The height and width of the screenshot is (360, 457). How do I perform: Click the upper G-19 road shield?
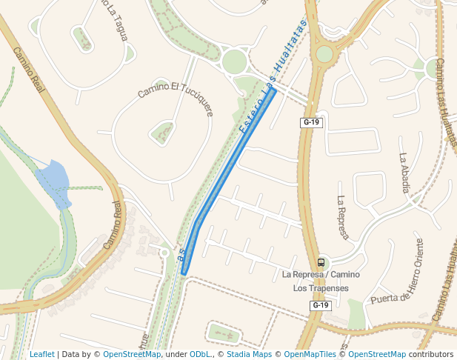pos(312,122)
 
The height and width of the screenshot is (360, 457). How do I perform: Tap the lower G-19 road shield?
pos(320,305)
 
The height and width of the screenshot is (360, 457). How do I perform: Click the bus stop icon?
pos(321,262)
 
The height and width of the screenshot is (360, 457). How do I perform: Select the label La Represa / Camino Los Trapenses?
pos(321,281)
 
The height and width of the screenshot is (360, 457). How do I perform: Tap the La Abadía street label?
pos(404,173)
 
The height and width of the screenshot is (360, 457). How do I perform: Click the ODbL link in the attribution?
pos(201,354)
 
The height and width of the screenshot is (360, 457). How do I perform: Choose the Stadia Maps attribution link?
pos(249,354)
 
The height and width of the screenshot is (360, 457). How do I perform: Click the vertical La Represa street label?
pos(342,218)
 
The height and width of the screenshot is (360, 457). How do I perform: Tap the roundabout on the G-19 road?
pos(324,53)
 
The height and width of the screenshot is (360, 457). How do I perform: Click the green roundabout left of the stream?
pos(234,61)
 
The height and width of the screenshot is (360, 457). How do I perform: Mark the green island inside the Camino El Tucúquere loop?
pos(162,133)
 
